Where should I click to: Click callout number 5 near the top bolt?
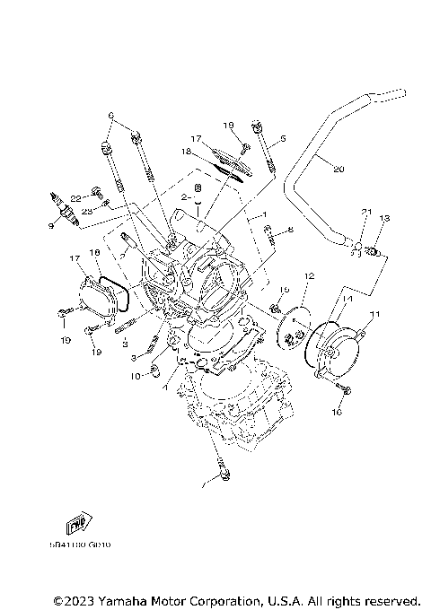pos(282,139)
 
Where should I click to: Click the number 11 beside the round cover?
pos(374,313)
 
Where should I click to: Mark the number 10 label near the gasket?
pos(136,377)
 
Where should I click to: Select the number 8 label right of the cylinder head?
pos(290,230)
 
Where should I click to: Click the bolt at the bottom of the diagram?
pos(219,469)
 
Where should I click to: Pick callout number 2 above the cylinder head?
pos(182,196)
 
